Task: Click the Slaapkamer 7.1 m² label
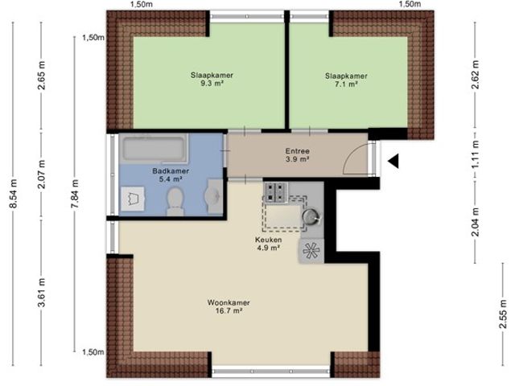[x=346, y=80]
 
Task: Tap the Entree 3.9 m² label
[x=298, y=155]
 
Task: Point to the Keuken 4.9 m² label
[x=268, y=244]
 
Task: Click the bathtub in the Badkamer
[x=153, y=149]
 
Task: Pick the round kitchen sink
[x=311, y=216]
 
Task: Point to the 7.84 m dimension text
[x=75, y=193]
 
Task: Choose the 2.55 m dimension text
[x=503, y=310]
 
